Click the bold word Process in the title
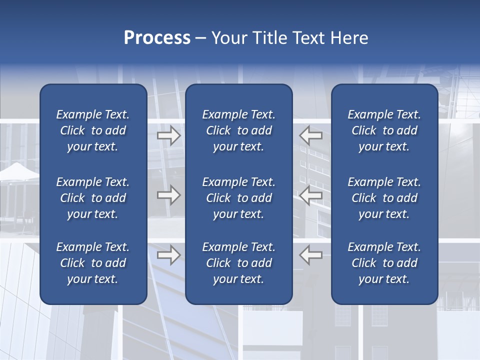click(x=157, y=38)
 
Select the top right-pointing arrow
click(x=169, y=135)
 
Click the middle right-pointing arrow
click(x=169, y=195)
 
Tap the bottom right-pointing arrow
click(x=169, y=255)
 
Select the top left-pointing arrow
click(x=310, y=135)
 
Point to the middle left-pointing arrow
click(x=310, y=195)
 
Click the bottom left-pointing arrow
click(x=310, y=255)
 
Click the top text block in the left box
click(x=93, y=130)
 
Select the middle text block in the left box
click(x=93, y=198)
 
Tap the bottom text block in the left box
click(x=93, y=263)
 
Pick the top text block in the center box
click(x=239, y=130)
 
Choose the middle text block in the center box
click(x=239, y=198)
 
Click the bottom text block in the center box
click(x=239, y=263)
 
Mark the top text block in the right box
click(x=384, y=130)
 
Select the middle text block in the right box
click(x=384, y=198)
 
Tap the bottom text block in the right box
click(x=384, y=263)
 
